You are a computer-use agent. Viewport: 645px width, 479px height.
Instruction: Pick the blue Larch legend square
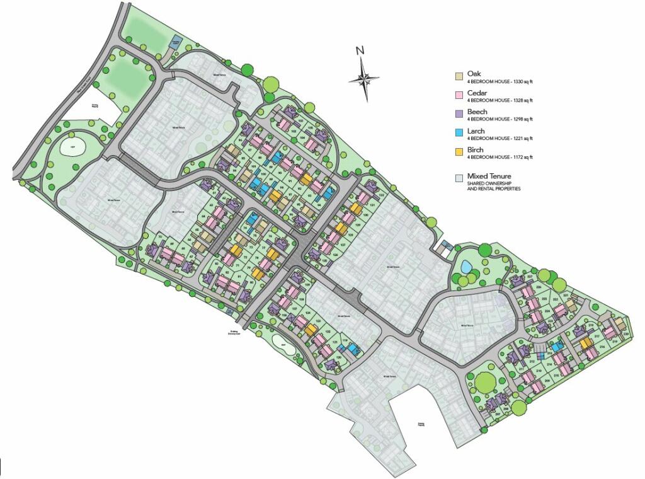point(460,133)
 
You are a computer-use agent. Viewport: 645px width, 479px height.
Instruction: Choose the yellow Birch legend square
point(460,152)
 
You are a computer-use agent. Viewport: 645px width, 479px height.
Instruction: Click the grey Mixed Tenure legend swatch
point(460,178)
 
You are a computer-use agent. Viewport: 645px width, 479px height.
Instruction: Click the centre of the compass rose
point(364,79)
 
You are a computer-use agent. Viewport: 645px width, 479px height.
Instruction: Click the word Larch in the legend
point(476,130)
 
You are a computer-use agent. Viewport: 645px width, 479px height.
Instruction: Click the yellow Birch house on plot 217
point(586,343)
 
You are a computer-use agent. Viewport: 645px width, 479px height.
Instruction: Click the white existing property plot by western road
point(94,114)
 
